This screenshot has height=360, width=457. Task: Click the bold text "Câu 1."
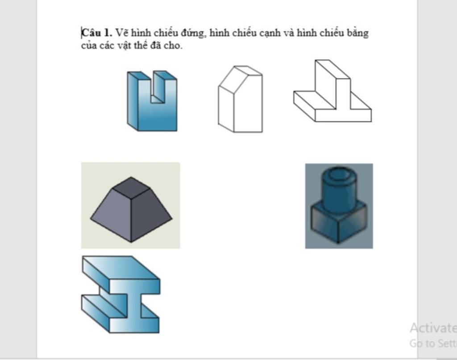click(96, 33)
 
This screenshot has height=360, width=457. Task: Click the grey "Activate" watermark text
click(432, 328)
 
